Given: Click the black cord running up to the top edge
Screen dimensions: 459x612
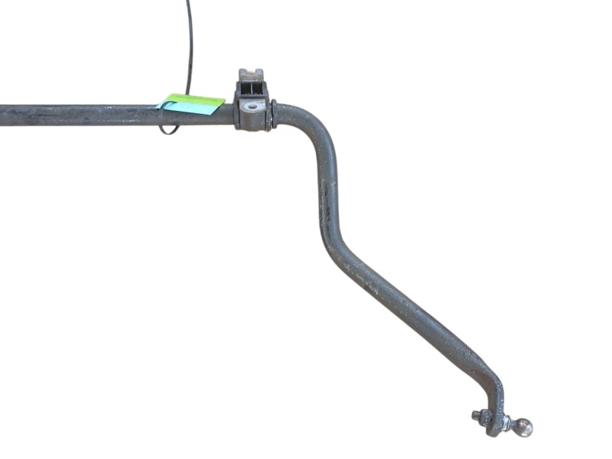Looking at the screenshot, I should point(189,46).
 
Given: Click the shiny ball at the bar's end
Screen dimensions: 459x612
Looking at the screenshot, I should point(523,428).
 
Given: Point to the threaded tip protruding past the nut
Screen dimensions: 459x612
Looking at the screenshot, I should point(476,415).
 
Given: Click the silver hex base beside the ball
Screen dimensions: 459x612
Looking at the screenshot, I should point(506,423).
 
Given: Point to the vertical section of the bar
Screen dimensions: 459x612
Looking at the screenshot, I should point(321,191).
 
